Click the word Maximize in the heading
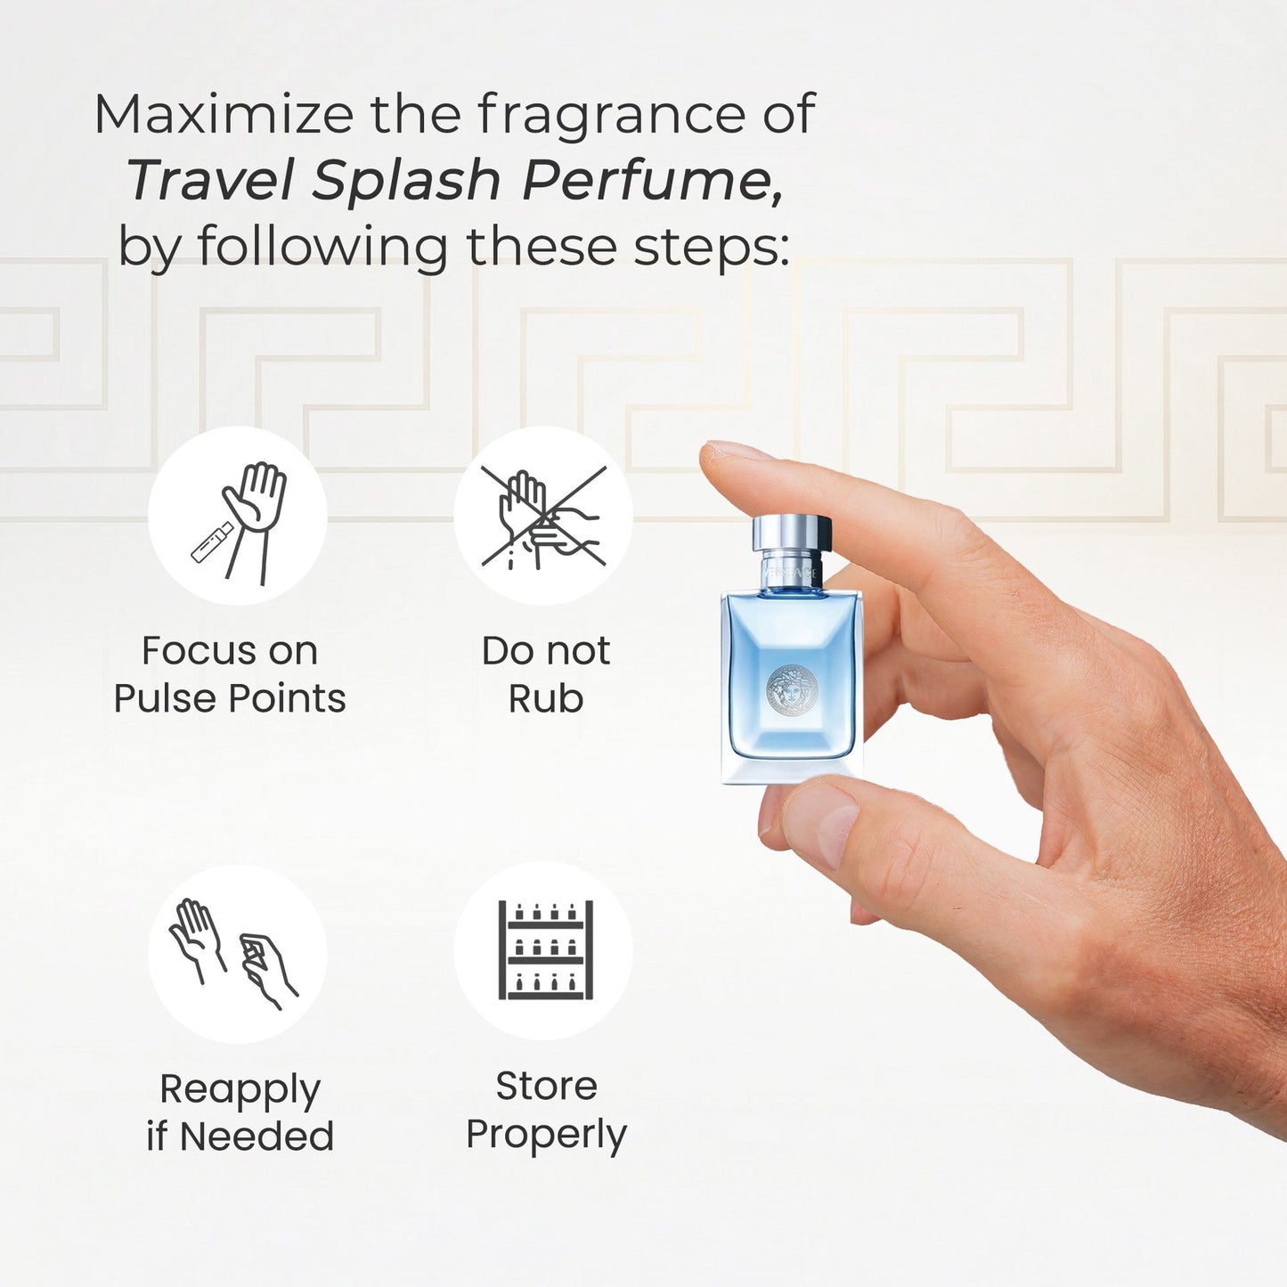224,114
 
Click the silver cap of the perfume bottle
792,533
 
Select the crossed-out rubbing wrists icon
543,518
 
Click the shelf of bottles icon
546,950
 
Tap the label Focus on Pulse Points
230,674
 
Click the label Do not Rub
546,674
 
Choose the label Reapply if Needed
240,1113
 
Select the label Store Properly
546,1111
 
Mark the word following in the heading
322,248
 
